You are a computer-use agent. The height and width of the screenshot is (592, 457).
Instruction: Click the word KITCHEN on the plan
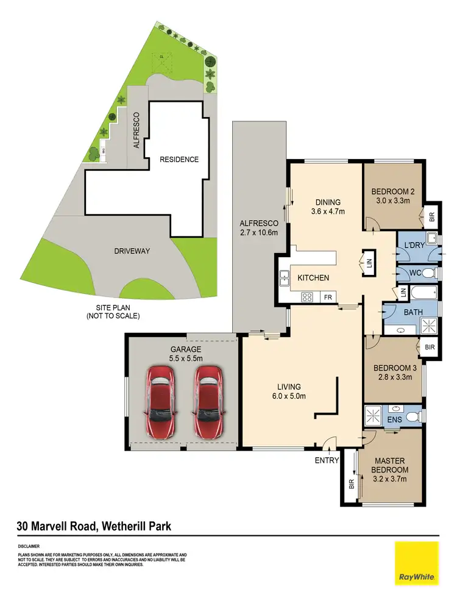(x=313, y=278)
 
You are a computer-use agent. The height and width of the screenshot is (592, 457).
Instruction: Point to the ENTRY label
(x=327, y=460)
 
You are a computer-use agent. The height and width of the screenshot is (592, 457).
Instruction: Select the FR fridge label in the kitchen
(x=328, y=298)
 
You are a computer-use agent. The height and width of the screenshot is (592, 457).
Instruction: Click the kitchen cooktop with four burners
(x=308, y=298)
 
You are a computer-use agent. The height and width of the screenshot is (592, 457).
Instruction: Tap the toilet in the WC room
(x=428, y=273)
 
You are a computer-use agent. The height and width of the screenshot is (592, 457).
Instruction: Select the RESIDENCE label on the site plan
(x=179, y=160)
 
